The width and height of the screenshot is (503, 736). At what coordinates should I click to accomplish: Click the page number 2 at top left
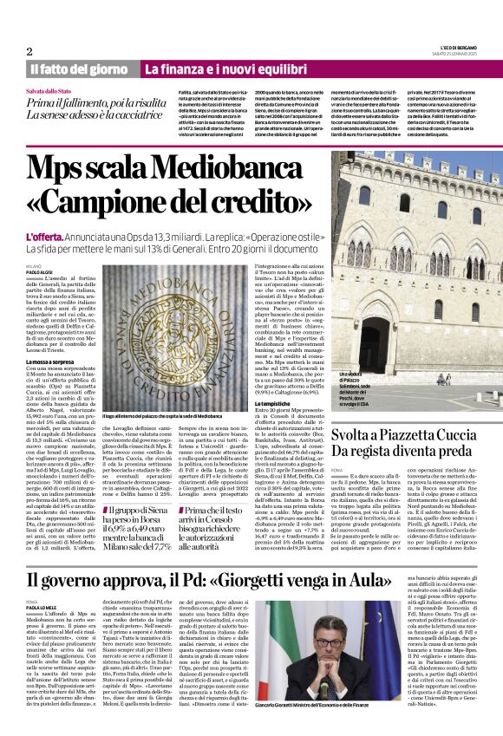pyautogui.click(x=29, y=51)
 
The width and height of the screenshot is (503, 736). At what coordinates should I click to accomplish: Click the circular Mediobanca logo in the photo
pyautogui.click(x=173, y=329)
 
